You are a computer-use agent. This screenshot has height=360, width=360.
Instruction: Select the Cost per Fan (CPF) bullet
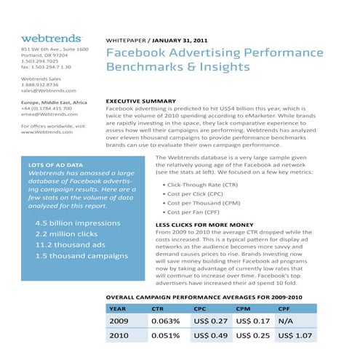196,212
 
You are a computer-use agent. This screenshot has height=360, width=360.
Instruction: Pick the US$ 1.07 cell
295,337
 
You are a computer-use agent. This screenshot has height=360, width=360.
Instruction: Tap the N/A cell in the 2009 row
286,321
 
